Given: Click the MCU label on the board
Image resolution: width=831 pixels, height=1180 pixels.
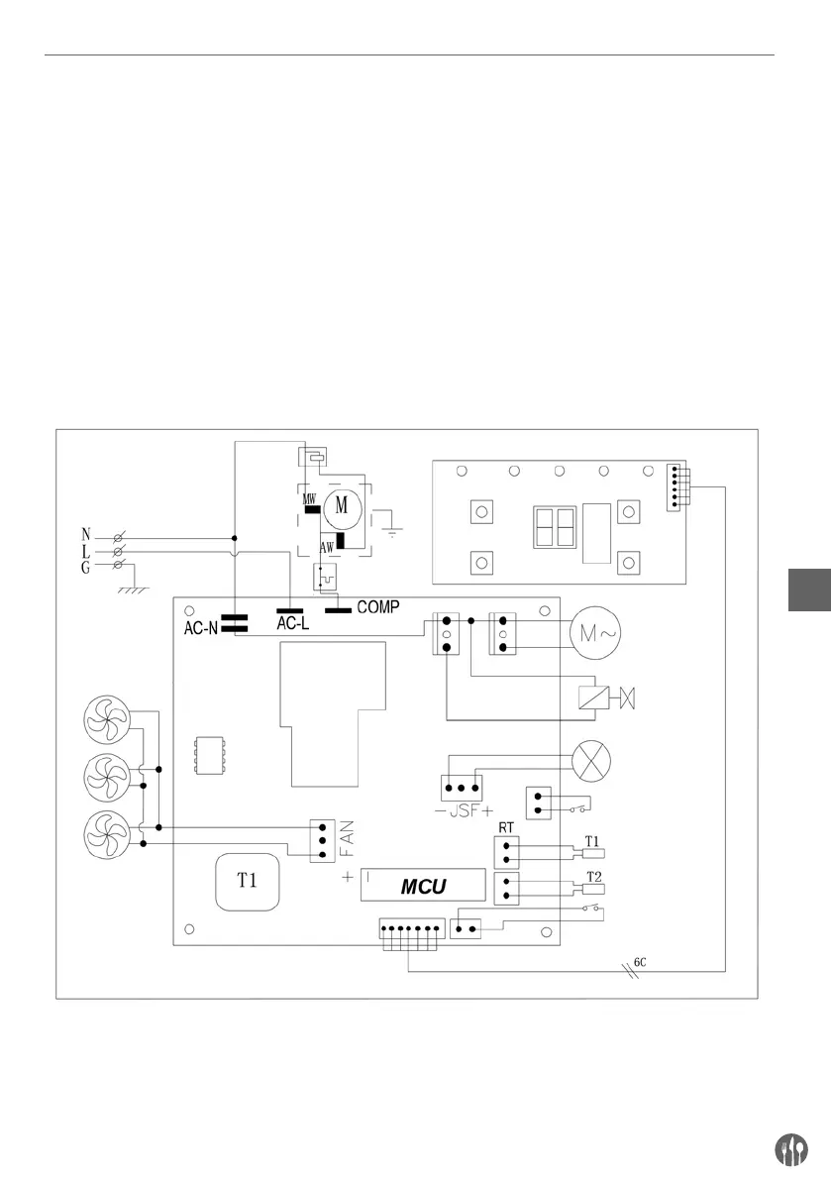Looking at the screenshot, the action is (423, 887).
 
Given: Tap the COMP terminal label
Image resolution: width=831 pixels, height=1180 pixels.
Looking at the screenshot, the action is (378, 606).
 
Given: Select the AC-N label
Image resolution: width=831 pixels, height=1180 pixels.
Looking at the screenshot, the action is (201, 627).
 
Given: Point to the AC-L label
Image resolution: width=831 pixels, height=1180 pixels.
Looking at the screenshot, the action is (292, 623).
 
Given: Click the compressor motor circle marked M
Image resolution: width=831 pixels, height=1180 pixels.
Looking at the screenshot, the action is (343, 505).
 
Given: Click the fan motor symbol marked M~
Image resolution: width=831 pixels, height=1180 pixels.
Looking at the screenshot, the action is (596, 633).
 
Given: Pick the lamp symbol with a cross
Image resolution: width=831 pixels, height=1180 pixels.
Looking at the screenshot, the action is (591, 760).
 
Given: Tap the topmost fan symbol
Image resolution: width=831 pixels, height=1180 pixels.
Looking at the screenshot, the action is (108, 718).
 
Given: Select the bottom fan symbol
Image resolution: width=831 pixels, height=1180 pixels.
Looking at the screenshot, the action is (108, 835).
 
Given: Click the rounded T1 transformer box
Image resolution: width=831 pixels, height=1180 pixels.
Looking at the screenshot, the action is (248, 882).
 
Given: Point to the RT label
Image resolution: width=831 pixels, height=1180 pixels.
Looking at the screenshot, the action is (506, 828).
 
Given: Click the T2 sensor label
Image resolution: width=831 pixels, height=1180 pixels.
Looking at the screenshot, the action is (594, 877).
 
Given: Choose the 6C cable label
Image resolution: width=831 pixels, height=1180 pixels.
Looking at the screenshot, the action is (640, 962).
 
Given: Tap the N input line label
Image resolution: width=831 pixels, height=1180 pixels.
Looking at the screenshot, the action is (86, 534).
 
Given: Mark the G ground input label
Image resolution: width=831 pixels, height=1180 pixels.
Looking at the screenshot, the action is (86, 568).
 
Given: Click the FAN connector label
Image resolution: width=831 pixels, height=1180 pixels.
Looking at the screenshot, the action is (347, 839).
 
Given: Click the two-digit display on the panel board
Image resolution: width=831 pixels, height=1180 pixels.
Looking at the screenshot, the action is (555, 527).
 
